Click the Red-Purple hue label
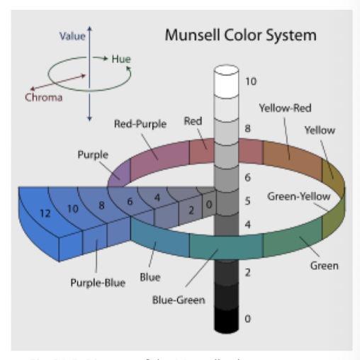(x=140, y=125)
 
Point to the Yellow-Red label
(x=285, y=108)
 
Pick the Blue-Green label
(x=179, y=300)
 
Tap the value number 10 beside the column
(x=251, y=81)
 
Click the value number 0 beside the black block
(x=247, y=319)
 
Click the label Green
(x=324, y=266)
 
